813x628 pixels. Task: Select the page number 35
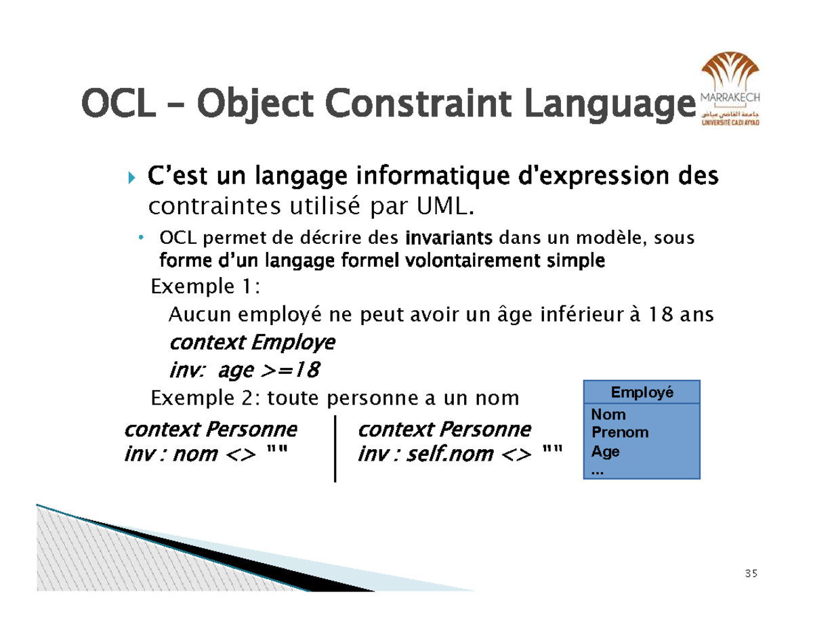click(750, 574)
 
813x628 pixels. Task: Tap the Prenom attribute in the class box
click(620, 432)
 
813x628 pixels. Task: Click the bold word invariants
click(449, 239)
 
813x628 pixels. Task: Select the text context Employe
click(251, 343)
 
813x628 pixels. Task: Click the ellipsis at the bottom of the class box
click(597, 470)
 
